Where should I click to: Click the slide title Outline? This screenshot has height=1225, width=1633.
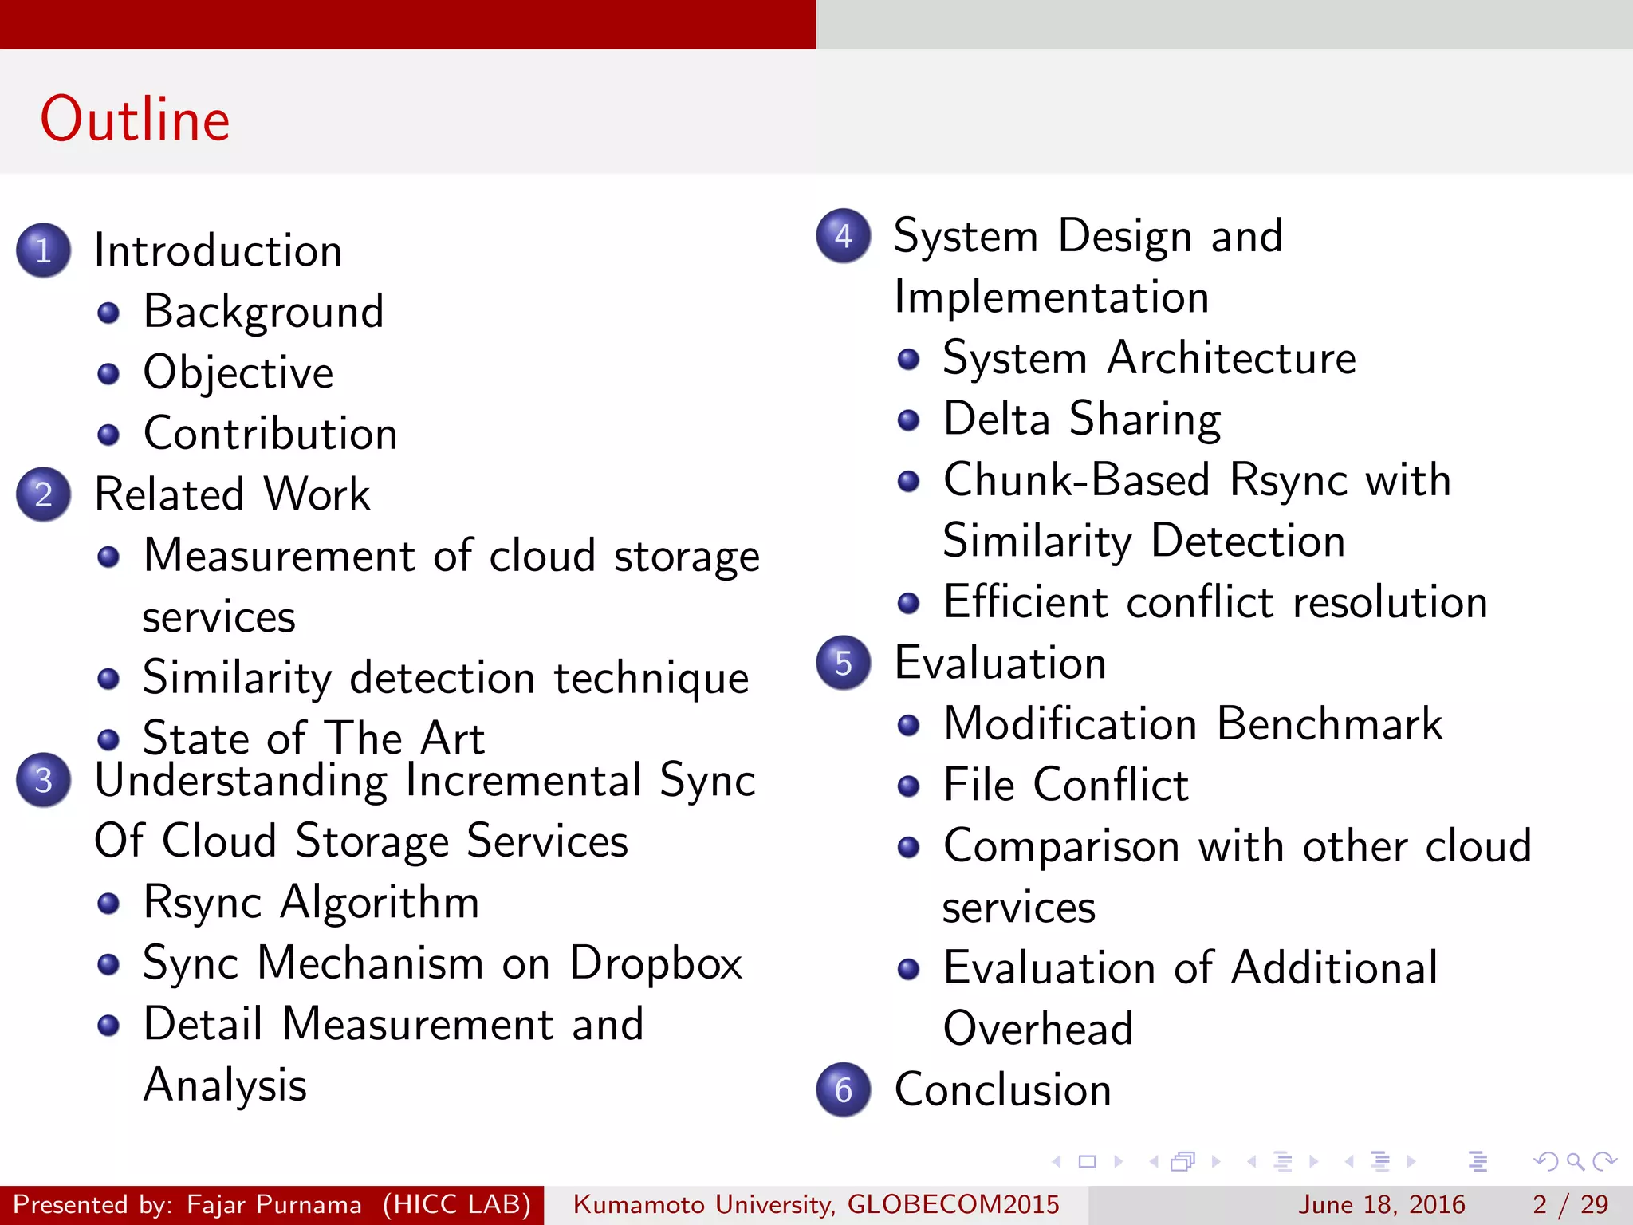(x=135, y=119)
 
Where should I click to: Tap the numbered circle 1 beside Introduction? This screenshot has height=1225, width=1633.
(x=44, y=250)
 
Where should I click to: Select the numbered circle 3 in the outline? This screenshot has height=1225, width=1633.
(x=44, y=780)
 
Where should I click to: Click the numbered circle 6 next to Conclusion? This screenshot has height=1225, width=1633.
(x=844, y=1089)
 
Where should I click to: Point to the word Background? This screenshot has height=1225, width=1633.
(x=263, y=312)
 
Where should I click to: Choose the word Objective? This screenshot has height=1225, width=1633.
(x=238, y=372)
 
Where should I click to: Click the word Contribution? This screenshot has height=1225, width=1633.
(x=270, y=434)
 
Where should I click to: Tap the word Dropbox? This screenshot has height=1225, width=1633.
(x=655, y=963)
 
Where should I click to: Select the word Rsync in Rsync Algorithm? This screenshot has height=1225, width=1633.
(x=203, y=903)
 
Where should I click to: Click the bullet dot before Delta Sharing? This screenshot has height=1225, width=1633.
(x=908, y=419)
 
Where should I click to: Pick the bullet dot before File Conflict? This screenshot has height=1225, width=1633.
(x=908, y=786)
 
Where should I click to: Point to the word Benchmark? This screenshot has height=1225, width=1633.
(x=1330, y=724)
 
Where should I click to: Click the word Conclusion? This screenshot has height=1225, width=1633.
(x=1002, y=1090)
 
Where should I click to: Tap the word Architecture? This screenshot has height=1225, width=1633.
(x=1231, y=358)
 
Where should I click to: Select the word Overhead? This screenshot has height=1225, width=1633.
(x=1037, y=1029)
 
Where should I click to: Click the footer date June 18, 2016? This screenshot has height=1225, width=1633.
(x=1381, y=1204)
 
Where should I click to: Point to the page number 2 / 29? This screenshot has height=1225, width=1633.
(x=1570, y=1204)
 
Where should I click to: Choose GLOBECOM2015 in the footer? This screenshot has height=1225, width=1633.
(x=953, y=1204)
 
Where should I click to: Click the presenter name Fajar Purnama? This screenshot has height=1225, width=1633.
(x=273, y=1204)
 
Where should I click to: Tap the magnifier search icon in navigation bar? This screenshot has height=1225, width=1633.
(x=1575, y=1161)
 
